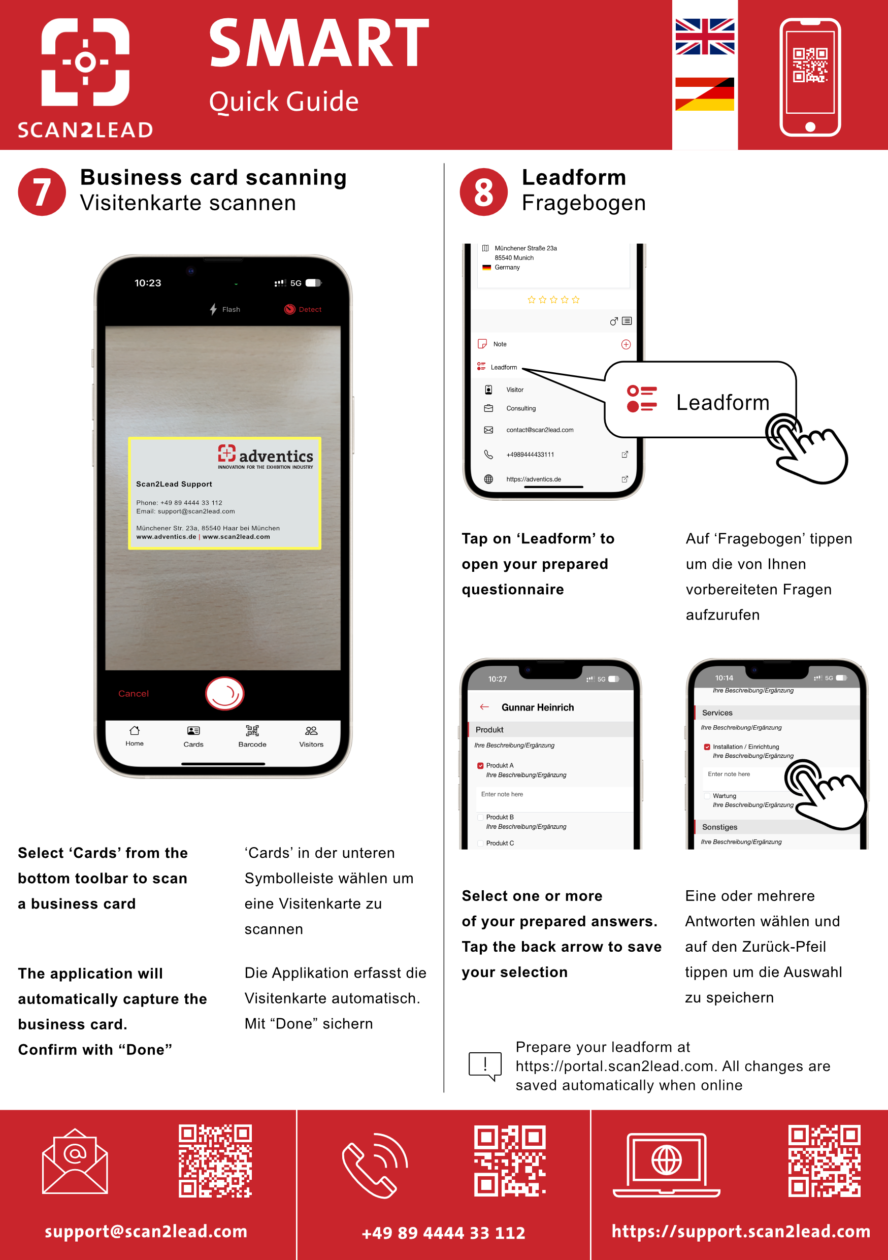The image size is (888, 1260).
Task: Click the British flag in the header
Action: (x=705, y=37)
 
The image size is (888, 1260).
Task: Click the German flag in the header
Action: (x=705, y=94)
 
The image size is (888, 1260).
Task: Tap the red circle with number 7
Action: (x=42, y=192)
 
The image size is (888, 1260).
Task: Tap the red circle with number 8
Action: (x=483, y=192)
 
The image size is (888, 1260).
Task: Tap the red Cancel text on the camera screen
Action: (x=134, y=694)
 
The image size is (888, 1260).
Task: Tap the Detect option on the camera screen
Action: (x=303, y=309)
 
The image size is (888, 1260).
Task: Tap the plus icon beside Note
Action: (x=626, y=345)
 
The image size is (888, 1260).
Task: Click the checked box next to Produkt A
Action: (x=480, y=765)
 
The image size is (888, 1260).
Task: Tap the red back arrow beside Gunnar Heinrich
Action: (x=484, y=707)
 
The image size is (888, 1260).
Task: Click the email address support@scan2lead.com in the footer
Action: (x=146, y=1231)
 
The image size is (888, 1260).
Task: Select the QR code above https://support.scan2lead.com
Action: (x=825, y=1160)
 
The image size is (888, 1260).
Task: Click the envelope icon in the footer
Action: (x=75, y=1161)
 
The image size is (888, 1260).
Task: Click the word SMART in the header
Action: (x=319, y=43)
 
